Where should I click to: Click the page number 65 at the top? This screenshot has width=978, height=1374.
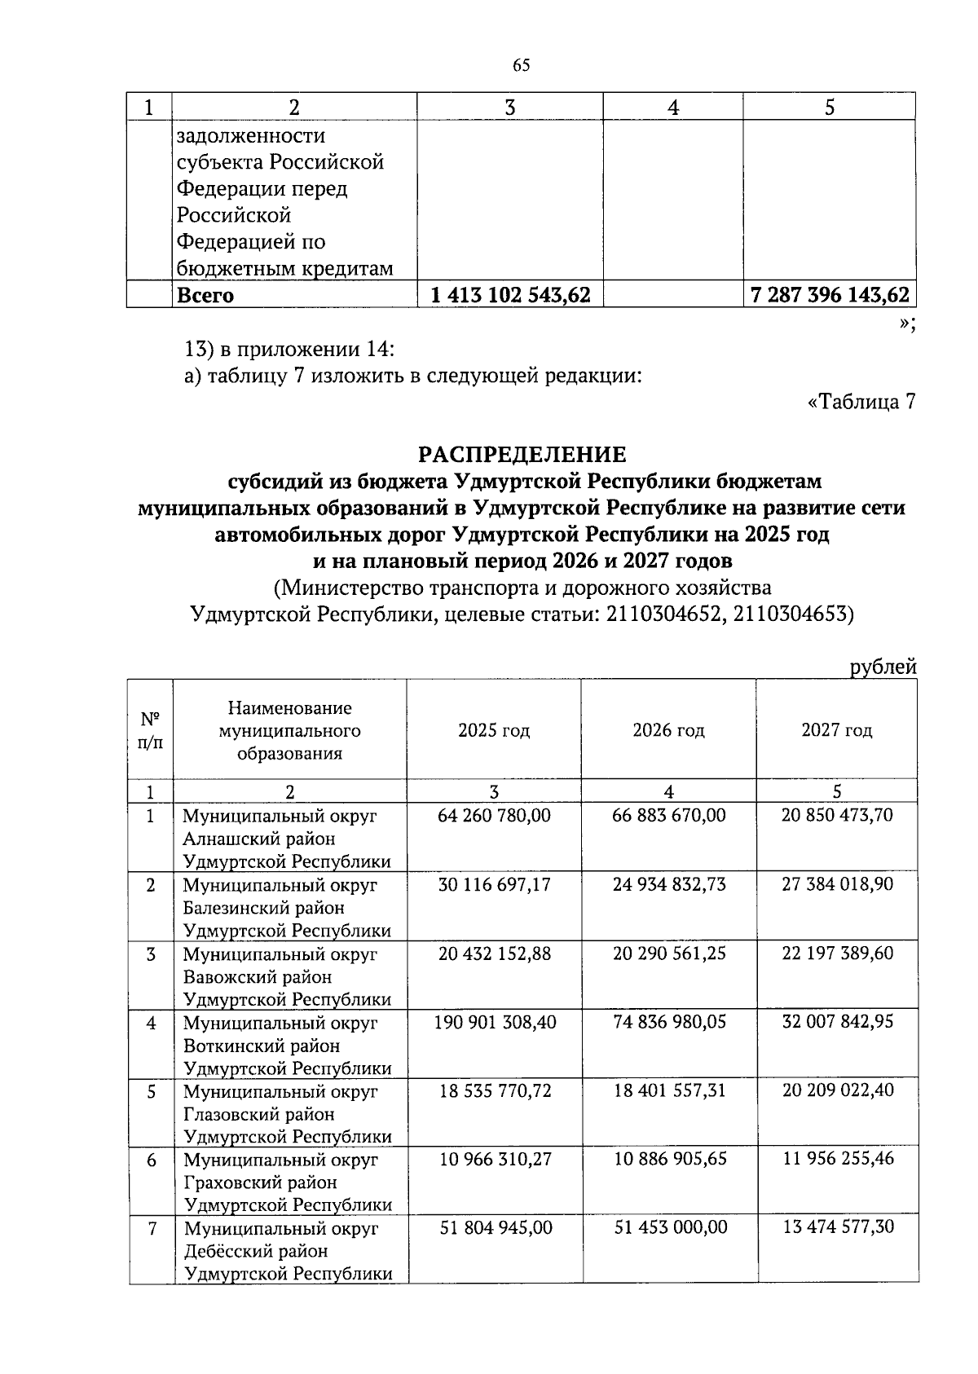click(x=522, y=66)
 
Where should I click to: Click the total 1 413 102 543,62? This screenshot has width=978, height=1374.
click(x=510, y=295)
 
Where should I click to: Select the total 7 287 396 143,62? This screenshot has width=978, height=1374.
click(x=829, y=295)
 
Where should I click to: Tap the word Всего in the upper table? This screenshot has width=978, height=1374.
click(x=205, y=296)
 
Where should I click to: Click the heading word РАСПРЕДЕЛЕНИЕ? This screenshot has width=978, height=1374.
click(x=522, y=454)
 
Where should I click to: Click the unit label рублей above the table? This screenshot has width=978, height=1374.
click(x=883, y=667)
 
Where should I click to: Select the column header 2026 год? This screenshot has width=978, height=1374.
click(x=668, y=730)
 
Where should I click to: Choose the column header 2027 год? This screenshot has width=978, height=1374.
click(x=837, y=730)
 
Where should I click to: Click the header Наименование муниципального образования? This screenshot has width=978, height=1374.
click(x=289, y=730)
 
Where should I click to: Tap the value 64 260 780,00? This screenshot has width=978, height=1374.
click(x=494, y=816)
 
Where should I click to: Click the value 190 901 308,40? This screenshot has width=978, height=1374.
click(x=496, y=1022)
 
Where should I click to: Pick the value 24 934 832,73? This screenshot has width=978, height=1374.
click(x=669, y=884)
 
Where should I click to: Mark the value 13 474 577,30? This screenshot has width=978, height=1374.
click(x=838, y=1227)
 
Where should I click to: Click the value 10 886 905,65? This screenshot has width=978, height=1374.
click(x=669, y=1159)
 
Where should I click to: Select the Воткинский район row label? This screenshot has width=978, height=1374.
click(x=262, y=1046)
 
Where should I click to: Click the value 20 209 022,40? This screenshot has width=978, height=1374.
click(x=838, y=1090)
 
